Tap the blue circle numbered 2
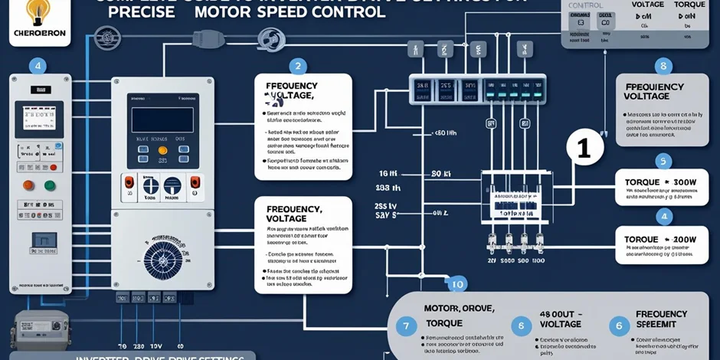click(x=298, y=67)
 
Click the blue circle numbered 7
click(x=406, y=326)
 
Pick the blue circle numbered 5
click(x=663, y=161)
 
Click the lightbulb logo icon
click(x=34, y=11)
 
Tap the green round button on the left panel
click(x=51, y=185)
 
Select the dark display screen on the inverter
click(x=161, y=120)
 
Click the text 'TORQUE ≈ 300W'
click(x=659, y=182)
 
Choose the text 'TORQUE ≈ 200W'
click(x=659, y=239)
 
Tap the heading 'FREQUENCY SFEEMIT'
click(x=661, y=319)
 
